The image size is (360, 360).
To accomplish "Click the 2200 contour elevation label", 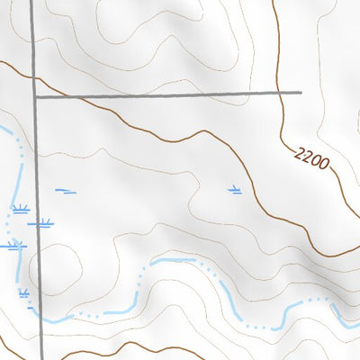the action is pyautogui.click(x=310, y=160).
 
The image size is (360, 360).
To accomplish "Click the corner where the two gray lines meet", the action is pyautogui.click(x=35, y=94).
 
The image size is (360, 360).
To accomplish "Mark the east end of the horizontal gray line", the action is pyautogui.click(x=300, y=92).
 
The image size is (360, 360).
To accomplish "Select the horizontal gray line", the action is pyautogui.click(x=171, y=93).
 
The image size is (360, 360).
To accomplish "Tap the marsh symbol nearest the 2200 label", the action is pyautogui.click(x=235, y=190).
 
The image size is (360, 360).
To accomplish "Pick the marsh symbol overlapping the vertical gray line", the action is pyautogui.click(x=41, y=222).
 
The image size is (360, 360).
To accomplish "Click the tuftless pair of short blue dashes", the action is pyautogui.click(x=66, y=190).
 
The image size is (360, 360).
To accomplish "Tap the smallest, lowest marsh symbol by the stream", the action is pyautogui.click(x=23, y=293).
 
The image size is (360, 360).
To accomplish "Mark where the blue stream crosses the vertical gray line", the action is pyautogui.click(x=41, y=316).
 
